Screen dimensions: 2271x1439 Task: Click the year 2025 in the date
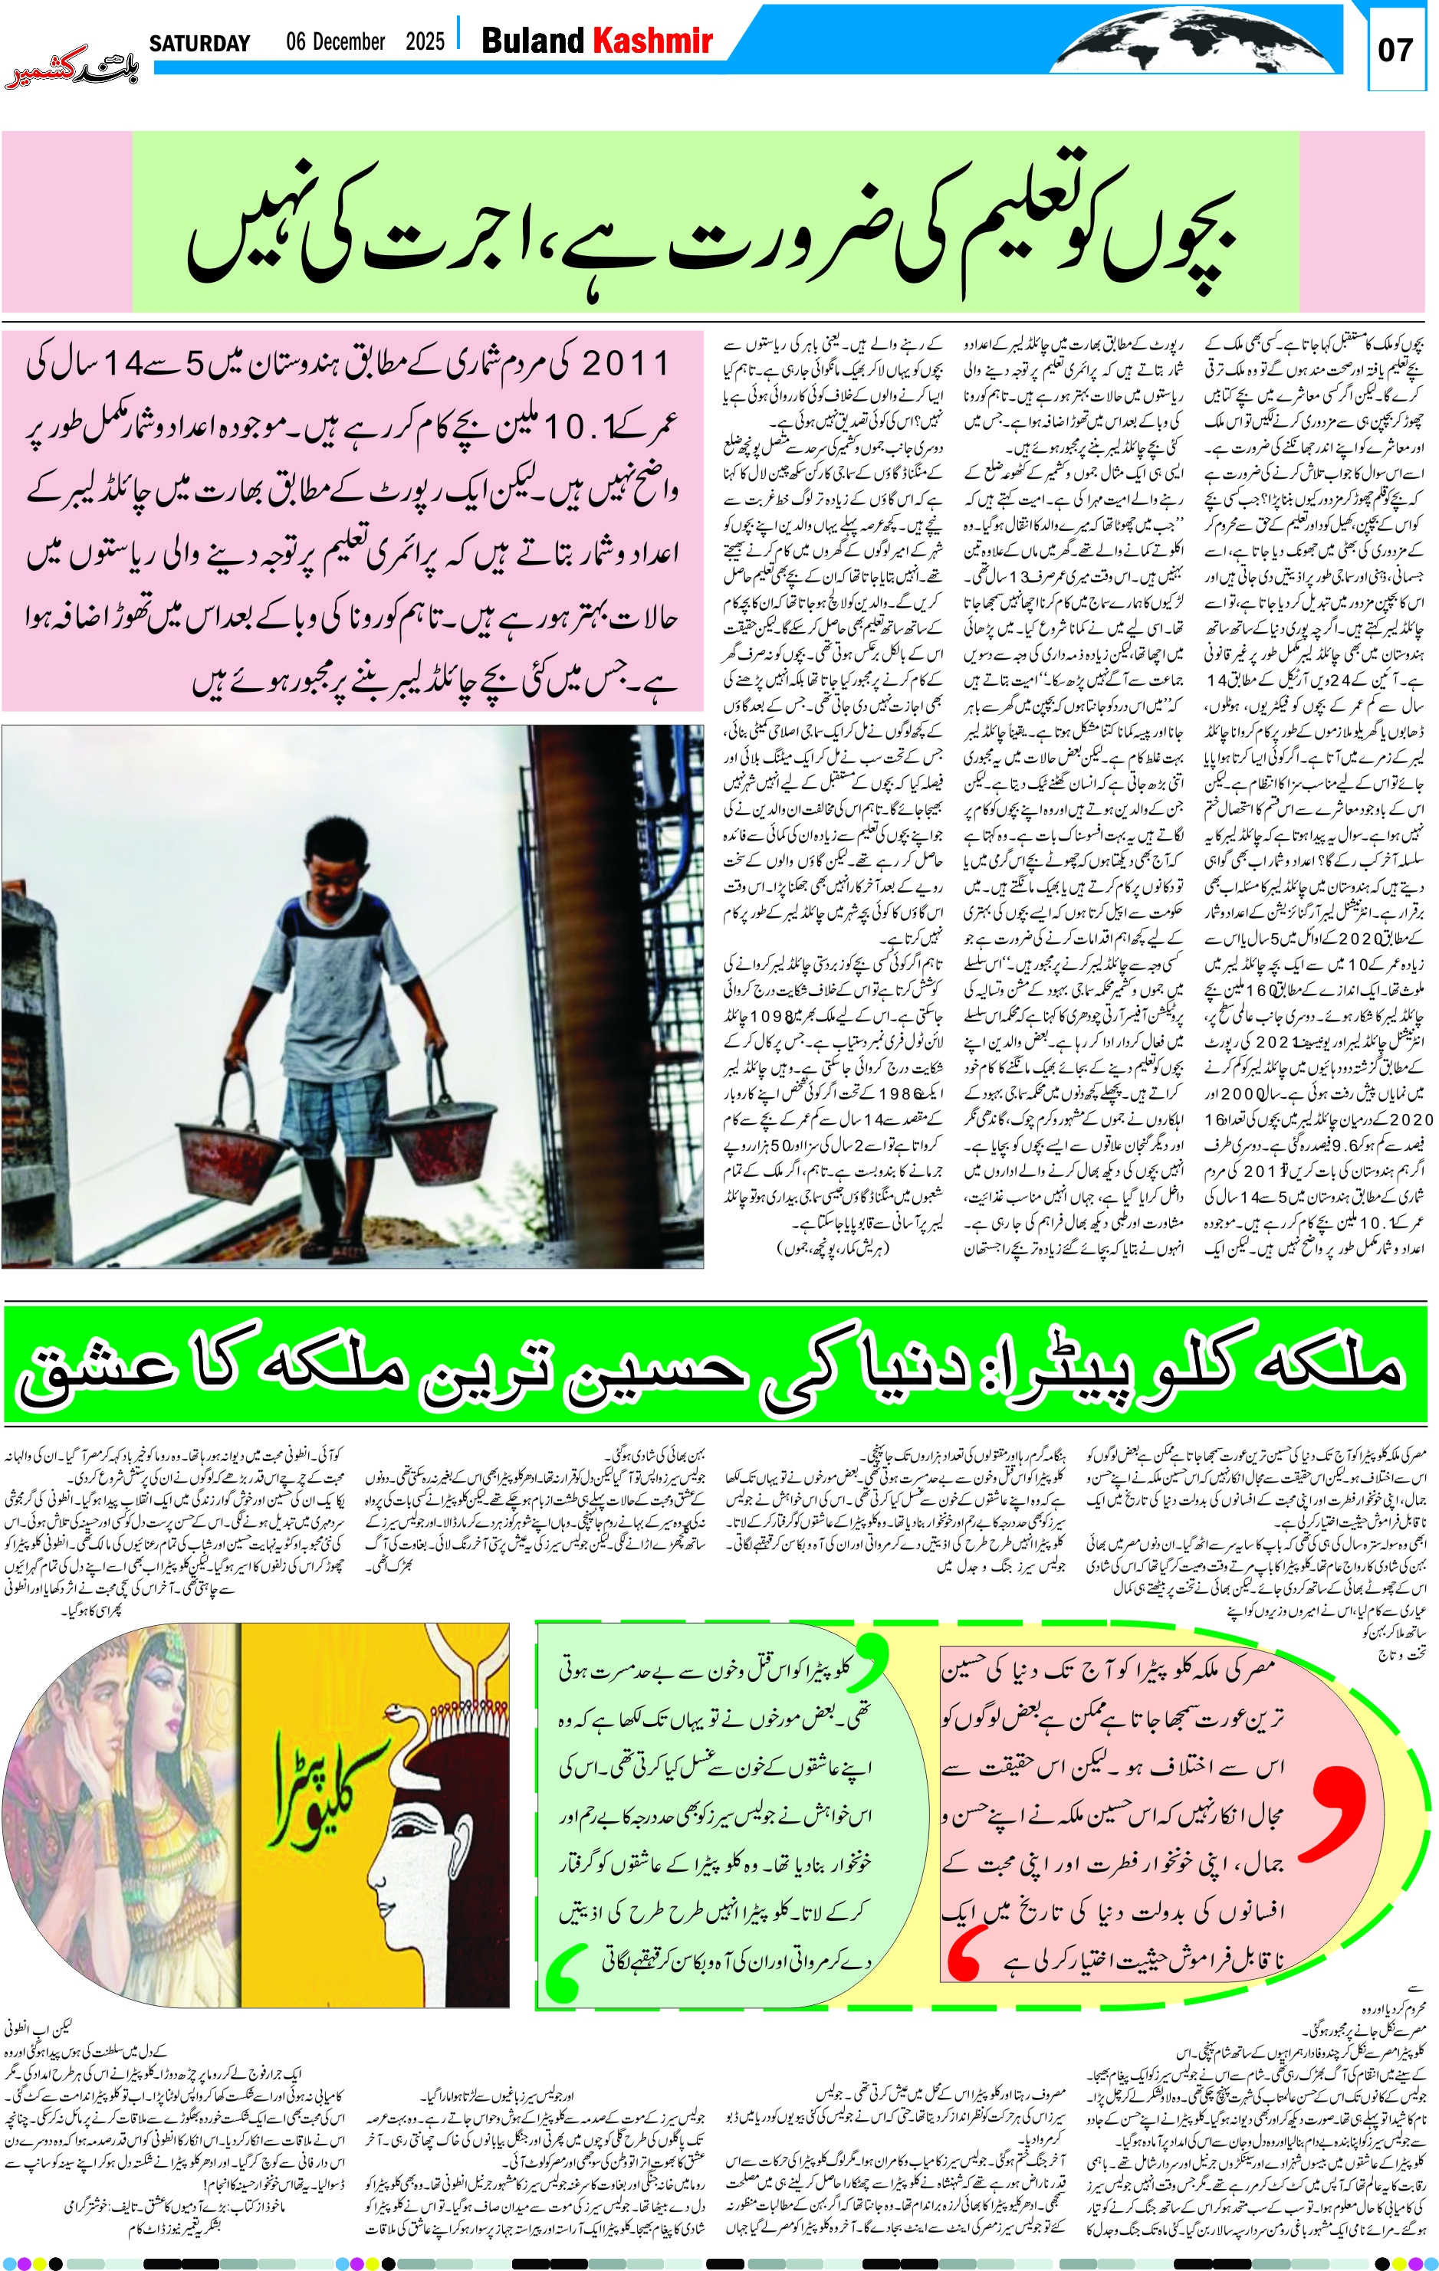click(425, 41)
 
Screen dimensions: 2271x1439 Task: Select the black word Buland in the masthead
click(533, 41)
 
